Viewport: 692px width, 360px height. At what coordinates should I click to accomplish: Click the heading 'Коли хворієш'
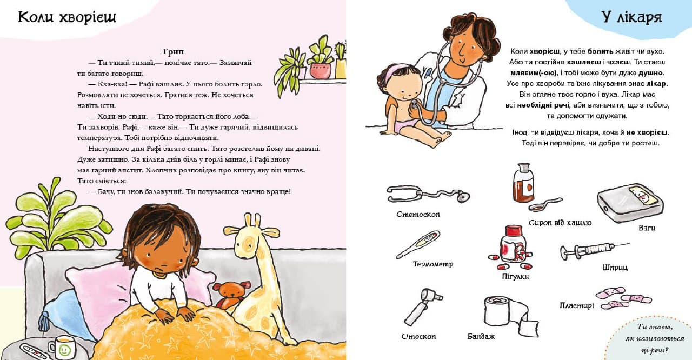(x=67, y=18)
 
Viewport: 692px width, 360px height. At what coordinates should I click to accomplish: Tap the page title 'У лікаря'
(x=631, y=18)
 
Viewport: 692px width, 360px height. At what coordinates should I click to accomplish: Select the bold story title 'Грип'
(x=174, y=51)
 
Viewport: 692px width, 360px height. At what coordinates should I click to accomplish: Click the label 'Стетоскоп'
(x=418, y=214)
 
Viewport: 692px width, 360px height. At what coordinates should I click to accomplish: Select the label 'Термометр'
(x=433, y=264)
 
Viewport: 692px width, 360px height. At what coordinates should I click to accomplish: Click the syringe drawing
(x=594, y=250)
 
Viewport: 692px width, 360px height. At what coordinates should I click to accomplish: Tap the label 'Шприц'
(x=615, y=268)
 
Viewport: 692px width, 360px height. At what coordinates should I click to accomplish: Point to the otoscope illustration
(x=423, y=307)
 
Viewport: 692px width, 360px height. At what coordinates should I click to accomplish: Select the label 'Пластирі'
(x=576, y=305)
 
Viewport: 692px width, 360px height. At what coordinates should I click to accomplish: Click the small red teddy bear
(x=231, y=294)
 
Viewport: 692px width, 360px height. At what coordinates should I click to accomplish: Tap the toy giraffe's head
(x=250, y=238)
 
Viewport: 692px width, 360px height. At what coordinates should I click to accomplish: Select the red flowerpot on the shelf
(x=320, y=71)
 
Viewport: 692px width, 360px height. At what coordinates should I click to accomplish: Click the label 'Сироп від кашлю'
(x=560, y=223)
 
